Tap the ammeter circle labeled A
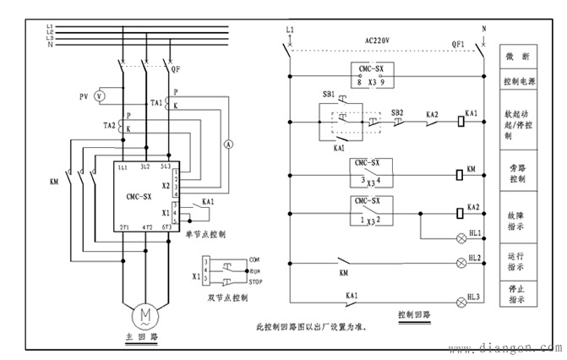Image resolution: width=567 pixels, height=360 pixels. tap(227, 145)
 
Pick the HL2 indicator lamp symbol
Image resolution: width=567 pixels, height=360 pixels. tap(461, 263)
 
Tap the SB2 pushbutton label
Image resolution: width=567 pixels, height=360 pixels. tap(397, 112)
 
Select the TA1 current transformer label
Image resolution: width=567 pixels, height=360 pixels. tap(156, 103)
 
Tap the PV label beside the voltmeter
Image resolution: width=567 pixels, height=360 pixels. tap(84, 97)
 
